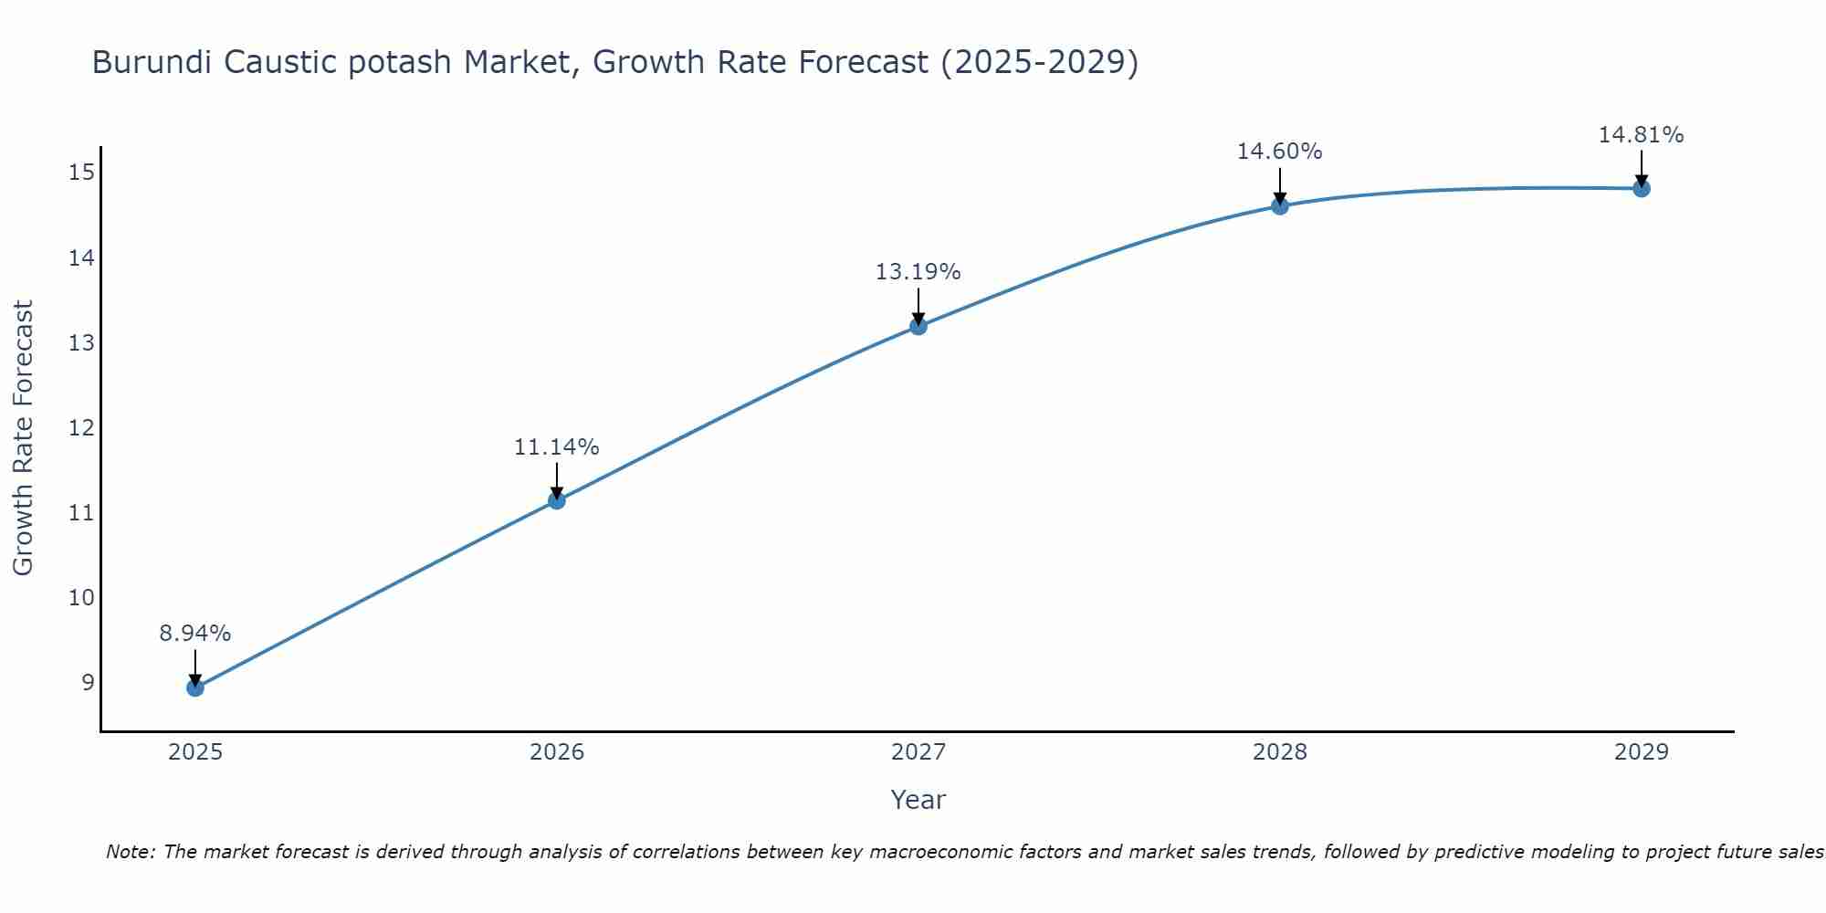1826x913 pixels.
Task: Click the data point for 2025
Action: point(195,687)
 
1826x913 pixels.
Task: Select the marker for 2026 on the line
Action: point(557,500)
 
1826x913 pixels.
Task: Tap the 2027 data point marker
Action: point(918,326)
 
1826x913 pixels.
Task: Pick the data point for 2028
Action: point(1280,206)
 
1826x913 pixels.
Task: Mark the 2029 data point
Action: point(1642,189)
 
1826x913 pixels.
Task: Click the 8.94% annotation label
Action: point(195,634)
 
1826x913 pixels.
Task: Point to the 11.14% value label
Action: point(557,447)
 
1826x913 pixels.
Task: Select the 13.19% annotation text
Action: point(918,272)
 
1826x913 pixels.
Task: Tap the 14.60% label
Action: point(1280,152)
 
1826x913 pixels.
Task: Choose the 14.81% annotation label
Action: point(1642,135)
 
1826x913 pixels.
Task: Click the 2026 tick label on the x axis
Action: point(557,752)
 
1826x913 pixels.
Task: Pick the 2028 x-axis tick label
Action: point(1280,752)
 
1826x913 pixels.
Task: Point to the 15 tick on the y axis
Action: point(81,173)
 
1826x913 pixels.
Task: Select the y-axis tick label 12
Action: point(81,427)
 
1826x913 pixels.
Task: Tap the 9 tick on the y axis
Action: point(88,682)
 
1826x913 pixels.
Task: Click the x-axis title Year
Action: point(918,800)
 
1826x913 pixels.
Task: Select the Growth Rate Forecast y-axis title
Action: point(24,438)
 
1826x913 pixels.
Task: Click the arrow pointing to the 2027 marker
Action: point(918,306)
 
